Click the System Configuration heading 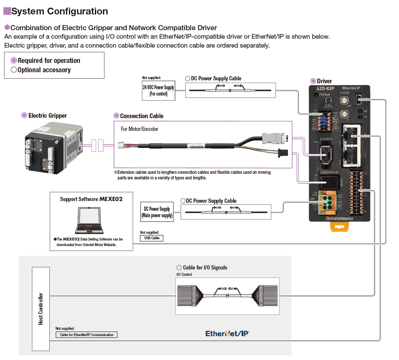coord(60,11)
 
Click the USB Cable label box coord(152,238)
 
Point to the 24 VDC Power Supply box coord(158,91)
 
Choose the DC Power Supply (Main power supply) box coord(157,212)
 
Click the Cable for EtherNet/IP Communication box coord(86,334)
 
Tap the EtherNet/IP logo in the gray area coord(227,334)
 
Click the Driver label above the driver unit coord(324,81)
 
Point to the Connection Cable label coord(142,116)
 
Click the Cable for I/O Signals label coord(205,267)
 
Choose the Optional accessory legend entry coord(44,70)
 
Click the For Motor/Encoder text coord(140,129)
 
